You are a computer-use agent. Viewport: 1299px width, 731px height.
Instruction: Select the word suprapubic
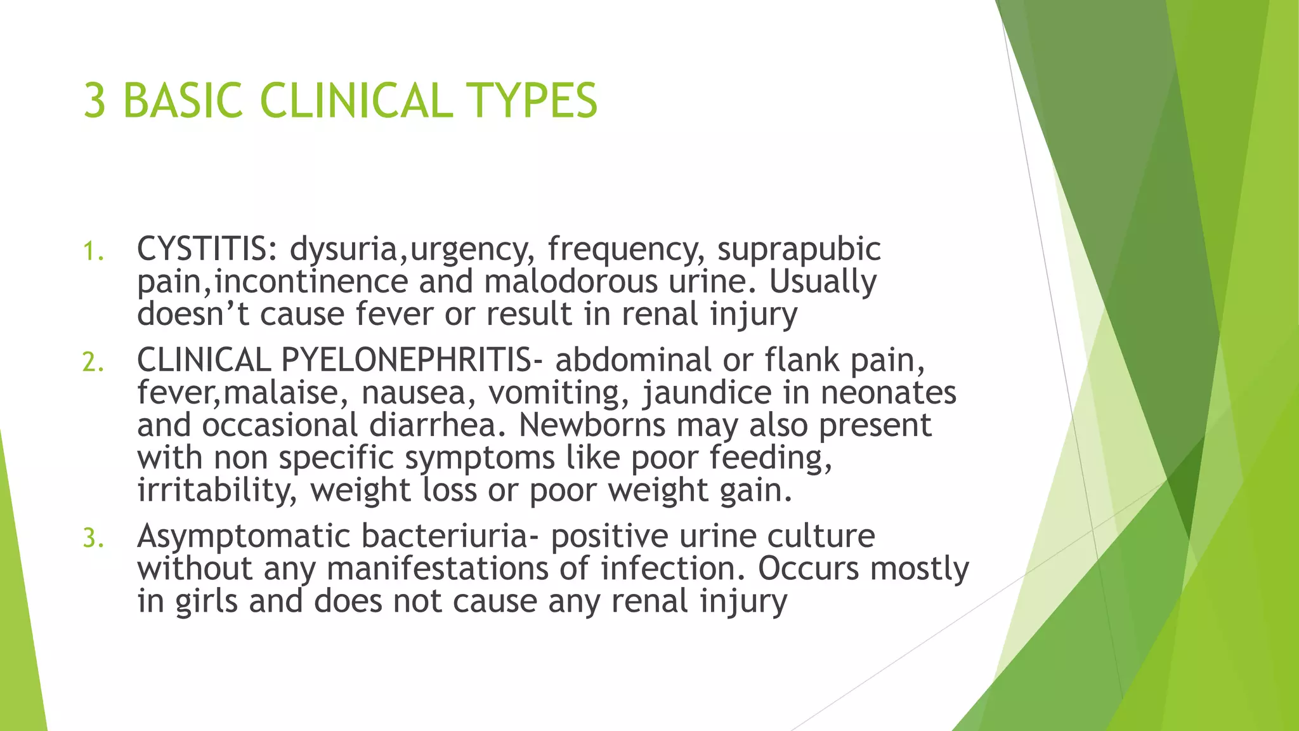click(799, 249)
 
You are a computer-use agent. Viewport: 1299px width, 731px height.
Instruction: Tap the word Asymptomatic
click(244, 537)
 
